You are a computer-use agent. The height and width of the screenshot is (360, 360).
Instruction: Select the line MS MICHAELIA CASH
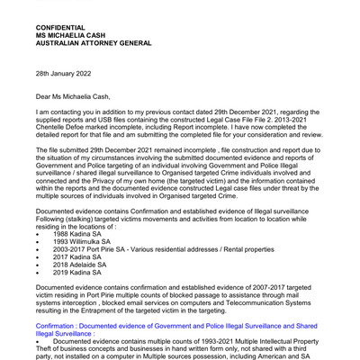(x=82, y=39)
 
